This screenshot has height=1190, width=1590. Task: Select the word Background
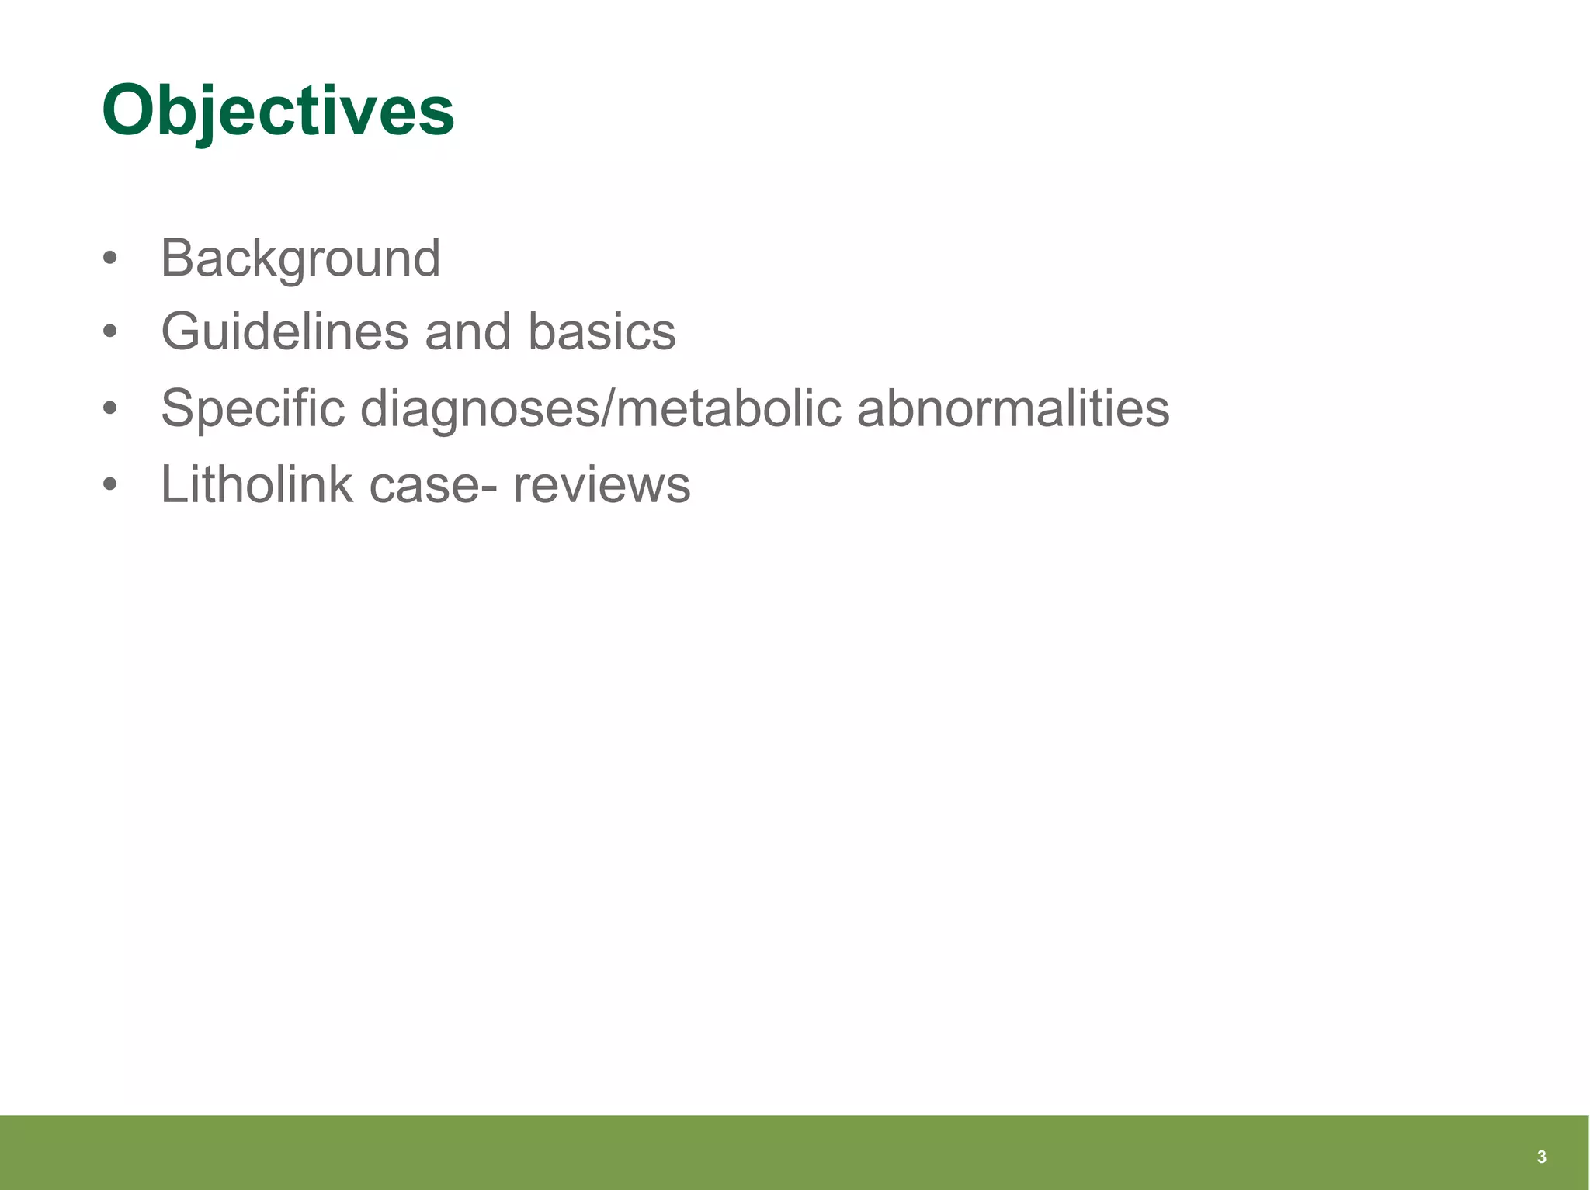click(300, 258)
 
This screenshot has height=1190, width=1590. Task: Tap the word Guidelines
click(284, 331)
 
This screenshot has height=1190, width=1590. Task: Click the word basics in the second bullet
click(602, 331)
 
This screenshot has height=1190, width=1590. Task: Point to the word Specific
click(252, 408)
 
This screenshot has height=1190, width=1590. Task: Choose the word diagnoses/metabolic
click(601, 408)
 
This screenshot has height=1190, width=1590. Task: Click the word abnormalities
click(1013, 408)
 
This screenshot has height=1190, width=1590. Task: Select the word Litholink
click(256, 484)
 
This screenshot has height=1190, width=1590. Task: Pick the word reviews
click(602, 486)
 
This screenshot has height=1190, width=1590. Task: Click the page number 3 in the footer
click(1541, 1157)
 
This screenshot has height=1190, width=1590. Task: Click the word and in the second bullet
click(468, 331)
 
